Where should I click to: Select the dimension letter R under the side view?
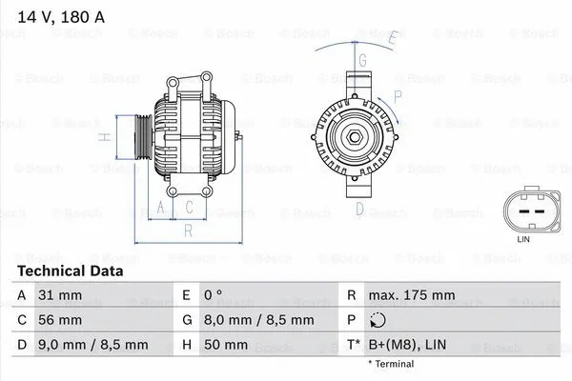point(188,230)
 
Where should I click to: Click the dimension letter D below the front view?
point(359,208)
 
